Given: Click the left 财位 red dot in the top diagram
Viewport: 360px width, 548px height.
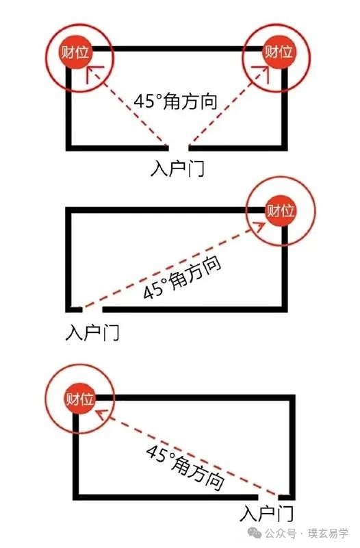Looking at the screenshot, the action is [75, 53].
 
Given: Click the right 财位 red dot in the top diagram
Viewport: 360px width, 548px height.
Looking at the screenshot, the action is [279, 53].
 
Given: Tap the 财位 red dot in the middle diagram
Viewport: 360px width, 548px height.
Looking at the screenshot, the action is [281, 210].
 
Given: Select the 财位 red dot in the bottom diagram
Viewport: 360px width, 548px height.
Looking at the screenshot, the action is [80, 399].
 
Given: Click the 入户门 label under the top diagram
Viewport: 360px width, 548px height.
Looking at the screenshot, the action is [177, 168].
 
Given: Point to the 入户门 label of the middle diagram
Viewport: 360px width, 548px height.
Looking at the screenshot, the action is [92, 332].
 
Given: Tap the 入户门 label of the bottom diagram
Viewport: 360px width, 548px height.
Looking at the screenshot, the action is [266, 513].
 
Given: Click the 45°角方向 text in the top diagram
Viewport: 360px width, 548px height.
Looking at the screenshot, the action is [176, 101].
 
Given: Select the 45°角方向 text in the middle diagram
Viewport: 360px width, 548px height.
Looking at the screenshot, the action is [182, 278].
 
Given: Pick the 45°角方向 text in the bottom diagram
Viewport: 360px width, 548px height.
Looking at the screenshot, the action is [185, 468].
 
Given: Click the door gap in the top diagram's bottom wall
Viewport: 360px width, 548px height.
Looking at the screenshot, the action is [179, 148].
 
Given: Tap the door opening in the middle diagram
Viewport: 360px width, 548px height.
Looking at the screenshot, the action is [92, 310].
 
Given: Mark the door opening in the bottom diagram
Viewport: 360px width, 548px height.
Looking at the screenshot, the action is [268, 497].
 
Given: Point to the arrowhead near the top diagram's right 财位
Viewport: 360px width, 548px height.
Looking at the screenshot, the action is [261, 74].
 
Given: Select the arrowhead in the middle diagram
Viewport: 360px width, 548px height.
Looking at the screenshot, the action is [259, 227].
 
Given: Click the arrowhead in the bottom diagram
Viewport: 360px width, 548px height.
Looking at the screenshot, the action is [101, 414].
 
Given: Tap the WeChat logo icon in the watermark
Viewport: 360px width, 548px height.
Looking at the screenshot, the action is [255, 534].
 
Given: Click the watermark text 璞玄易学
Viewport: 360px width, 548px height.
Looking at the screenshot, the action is [328, 534].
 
